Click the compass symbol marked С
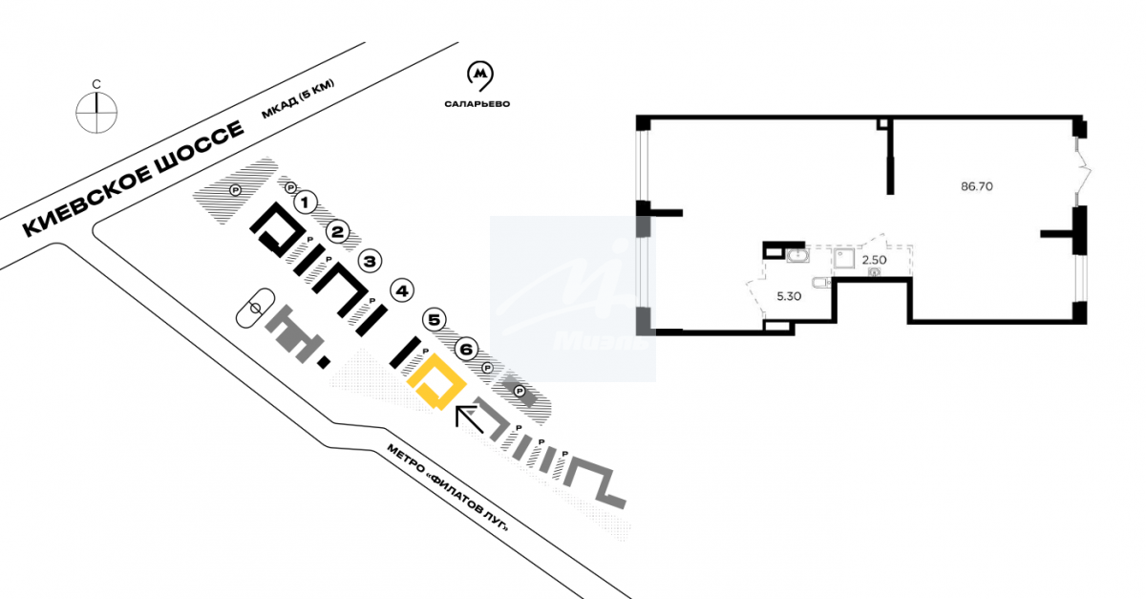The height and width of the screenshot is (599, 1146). click(x=95, y=112)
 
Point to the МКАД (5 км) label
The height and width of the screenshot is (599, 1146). click(x=298, y=99)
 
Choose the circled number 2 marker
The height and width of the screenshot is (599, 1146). click(x=337, y=231)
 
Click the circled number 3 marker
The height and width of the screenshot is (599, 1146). click(x=370, y=260)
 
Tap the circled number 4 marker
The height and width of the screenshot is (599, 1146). click(x=402, y=290)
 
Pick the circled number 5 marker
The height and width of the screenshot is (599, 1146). click(x=435, y=319)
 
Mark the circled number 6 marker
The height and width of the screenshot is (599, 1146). click(x=465, y=349)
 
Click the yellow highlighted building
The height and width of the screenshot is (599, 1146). click(x=435, y=384)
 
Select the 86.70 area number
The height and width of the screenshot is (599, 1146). click(x=977, y=187)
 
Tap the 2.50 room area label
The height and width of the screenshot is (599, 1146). click(x=876, y=258)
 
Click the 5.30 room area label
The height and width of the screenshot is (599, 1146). click(x=789, y=296)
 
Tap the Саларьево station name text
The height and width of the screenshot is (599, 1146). click(x=477, y=102)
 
